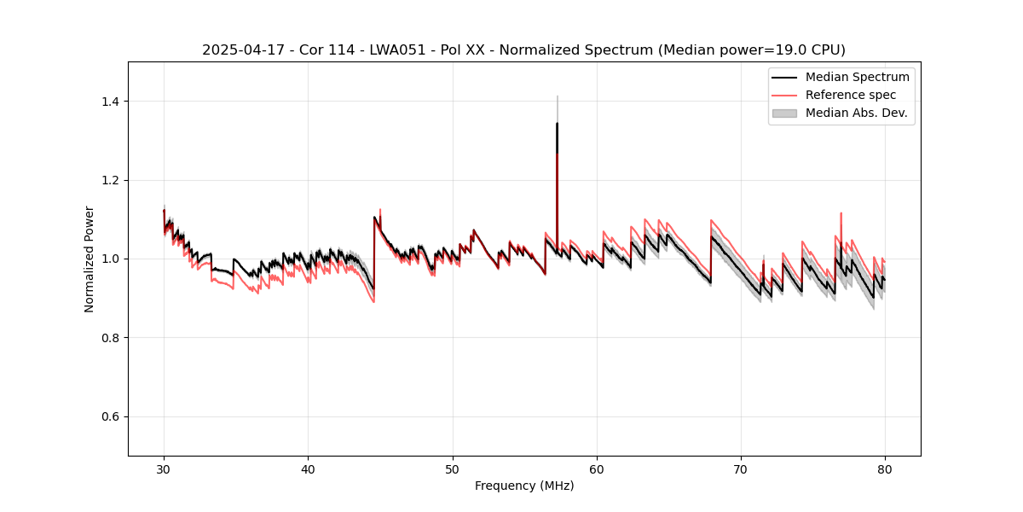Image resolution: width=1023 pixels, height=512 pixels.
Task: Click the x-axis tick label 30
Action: click(x=165, y=468)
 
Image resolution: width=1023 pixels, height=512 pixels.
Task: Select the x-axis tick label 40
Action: click(x=309, y=468)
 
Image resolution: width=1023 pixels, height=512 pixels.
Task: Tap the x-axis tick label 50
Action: click(x=453, y=468)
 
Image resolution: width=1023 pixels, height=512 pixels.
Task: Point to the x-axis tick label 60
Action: click(x=597, y=468)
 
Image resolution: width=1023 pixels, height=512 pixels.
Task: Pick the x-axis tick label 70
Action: click(x=741, y=468)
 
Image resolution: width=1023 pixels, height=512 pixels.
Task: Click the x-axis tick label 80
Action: click(x=885, y=468)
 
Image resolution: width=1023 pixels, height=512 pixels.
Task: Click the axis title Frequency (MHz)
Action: click(x=524, y=486)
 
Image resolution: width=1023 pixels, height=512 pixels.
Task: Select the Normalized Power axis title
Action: click(x=90, y=259)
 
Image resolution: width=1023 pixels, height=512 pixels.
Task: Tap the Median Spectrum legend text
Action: click(x=857, y=77)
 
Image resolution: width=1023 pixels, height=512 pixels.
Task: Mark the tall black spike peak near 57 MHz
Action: click(x=557, y=124)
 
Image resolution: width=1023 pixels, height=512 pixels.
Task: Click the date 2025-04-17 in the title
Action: click(x=240, y=50)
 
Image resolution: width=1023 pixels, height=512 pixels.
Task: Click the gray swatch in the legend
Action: click(x=784, y=113)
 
